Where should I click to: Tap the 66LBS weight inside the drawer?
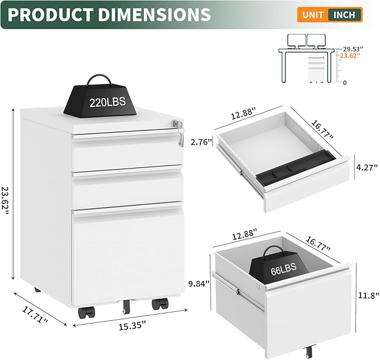coord(279,264)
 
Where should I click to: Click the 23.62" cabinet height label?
coord(6,200)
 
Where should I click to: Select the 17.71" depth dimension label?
coord(35,315)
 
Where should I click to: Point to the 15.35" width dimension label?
coord(132,325)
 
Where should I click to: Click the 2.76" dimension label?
coord(199,142)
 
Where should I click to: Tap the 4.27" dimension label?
coord(367,167)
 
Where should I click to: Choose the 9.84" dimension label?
coord(199,283)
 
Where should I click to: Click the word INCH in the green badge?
coord(344,15)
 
